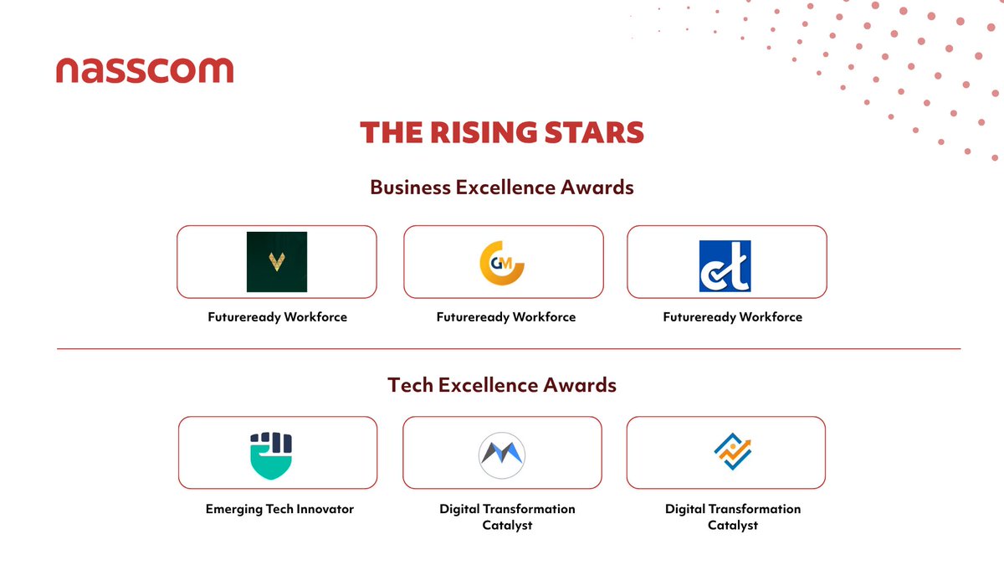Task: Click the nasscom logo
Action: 145,71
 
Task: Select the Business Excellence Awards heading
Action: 502,187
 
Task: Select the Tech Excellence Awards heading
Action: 502,385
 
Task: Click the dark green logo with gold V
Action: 276,262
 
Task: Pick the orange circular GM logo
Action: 502,262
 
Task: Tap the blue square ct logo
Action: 725,266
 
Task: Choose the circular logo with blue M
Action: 502,454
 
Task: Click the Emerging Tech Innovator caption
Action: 279,509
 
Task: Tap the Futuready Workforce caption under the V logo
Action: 278,317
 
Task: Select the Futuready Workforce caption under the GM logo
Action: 505,317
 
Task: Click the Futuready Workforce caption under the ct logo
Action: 732,317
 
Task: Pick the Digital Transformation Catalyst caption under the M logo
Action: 507,516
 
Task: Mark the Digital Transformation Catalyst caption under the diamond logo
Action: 733,516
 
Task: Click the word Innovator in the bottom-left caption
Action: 324,509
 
